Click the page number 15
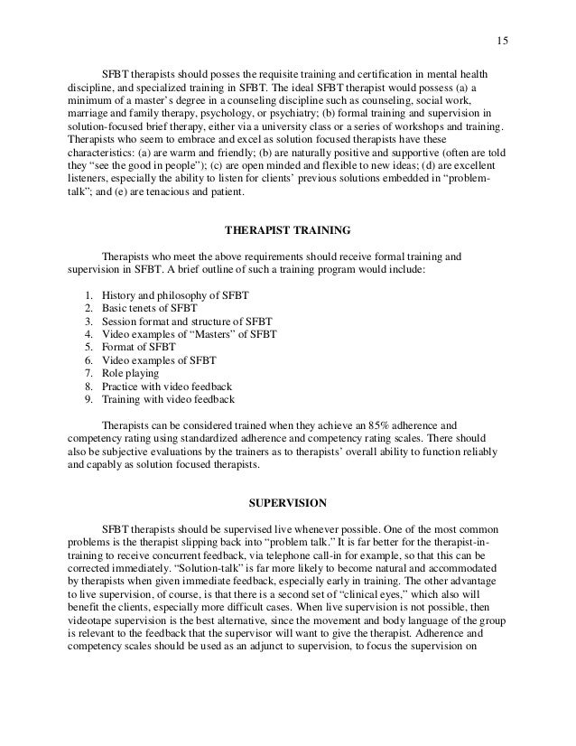click(x=503, y=39)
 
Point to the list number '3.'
click(x=88, y=322)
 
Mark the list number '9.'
click(x=88, y=398)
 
